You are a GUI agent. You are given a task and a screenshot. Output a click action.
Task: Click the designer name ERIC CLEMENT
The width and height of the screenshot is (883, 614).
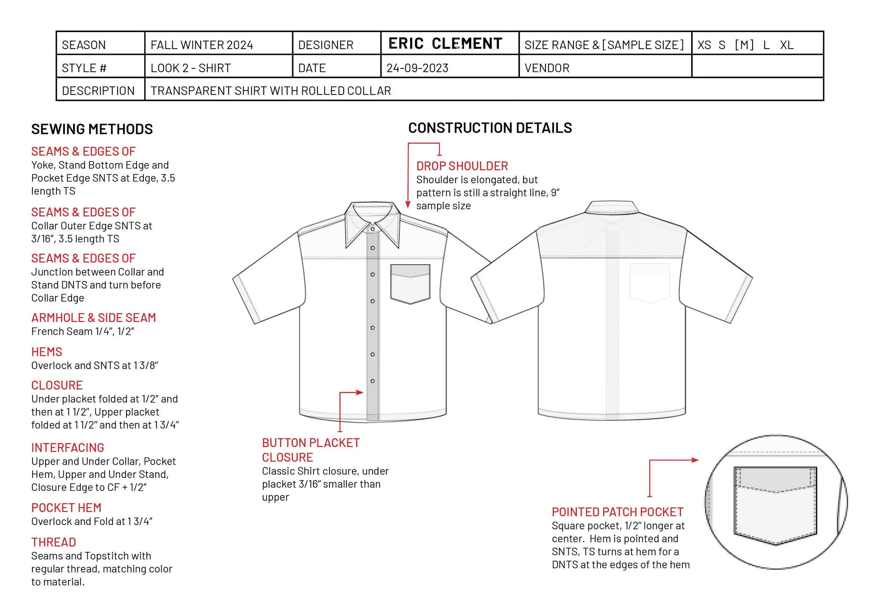click(445, 43)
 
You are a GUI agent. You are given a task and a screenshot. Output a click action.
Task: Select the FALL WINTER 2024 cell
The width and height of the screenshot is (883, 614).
click(202, 45)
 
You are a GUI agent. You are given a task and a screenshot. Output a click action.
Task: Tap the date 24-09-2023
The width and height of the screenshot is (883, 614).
click(417, 68)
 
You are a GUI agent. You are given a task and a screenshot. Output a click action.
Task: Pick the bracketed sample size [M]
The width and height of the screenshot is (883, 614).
click(744, 45)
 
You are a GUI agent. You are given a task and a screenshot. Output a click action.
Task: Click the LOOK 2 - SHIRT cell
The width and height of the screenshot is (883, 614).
click(190, 68)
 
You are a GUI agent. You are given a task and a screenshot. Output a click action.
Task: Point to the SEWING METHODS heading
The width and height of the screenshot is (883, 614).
click(92, 129)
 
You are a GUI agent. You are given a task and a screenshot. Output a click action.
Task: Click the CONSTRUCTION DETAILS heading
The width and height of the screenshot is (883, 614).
click(490, 128)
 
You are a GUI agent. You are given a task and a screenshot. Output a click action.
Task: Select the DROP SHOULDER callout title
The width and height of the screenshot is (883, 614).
click(462, 166)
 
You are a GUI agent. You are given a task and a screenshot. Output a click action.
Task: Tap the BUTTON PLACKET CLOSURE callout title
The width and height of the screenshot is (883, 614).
click(310, 450)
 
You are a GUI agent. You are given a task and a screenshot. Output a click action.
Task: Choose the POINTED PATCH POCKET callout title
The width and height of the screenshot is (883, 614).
click(617, 512)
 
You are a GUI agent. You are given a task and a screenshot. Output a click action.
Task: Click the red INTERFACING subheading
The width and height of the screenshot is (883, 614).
click(68, 447)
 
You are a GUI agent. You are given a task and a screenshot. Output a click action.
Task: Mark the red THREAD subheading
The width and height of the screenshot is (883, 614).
click(53, 542)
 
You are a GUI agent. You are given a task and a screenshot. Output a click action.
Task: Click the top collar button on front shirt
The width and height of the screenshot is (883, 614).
click(372, 229)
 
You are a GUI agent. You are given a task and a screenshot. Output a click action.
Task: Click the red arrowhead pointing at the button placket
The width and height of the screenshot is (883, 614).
click(360, 393)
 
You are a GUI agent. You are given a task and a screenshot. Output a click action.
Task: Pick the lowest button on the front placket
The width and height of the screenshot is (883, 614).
click(372, 381)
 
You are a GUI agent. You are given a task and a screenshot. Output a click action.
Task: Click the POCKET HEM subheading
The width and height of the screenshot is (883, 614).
click(66, 508)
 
